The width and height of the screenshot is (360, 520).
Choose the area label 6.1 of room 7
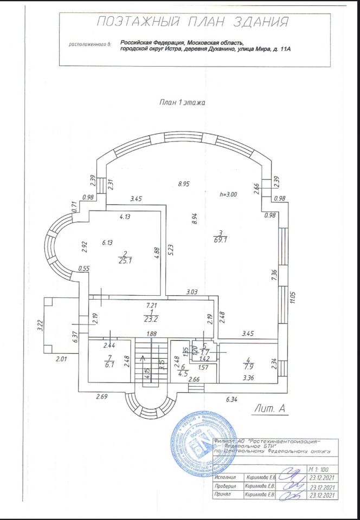tap(110, 365)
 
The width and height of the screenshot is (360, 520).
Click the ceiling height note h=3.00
tap(229, 194)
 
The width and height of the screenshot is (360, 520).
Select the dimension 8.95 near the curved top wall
tap(184, 184)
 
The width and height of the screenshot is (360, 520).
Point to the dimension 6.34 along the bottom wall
tap(232, 400)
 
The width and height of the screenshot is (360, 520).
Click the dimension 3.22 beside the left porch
tap(40, 325)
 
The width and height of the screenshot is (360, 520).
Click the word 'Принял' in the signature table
tap(221, 495)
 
